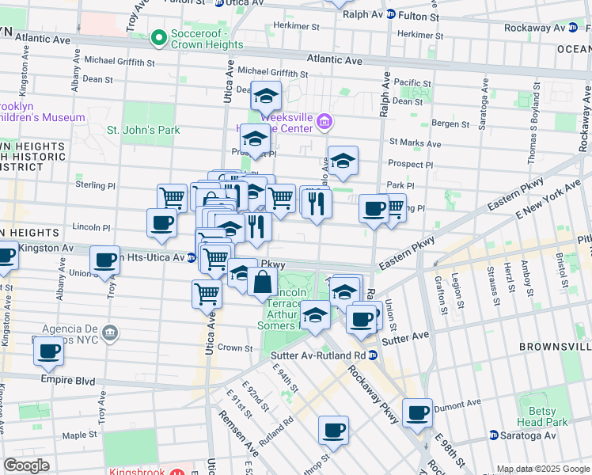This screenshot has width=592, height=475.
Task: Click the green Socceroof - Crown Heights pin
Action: tap(159, 36)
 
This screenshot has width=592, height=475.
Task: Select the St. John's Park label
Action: tap(143, 130)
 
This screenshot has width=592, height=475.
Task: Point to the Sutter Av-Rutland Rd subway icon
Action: tap(372, 354)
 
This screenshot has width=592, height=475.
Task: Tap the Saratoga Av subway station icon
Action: tap(493, 435)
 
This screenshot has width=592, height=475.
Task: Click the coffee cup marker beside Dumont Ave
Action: tap(417, 412)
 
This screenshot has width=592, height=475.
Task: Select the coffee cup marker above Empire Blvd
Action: tap(48, 350)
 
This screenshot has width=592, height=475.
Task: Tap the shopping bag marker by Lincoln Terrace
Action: tap(262, 282)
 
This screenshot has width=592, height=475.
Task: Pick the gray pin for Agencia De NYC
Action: tap(110, 330)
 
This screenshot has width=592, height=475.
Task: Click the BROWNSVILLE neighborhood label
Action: tap(554, 347)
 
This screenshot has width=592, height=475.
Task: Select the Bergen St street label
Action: tap(450, 124)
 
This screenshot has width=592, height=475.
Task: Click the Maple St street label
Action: tap(79, 435)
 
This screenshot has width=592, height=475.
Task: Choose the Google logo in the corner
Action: tap(27, 465)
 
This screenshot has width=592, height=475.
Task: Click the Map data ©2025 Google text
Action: tap(542, 469)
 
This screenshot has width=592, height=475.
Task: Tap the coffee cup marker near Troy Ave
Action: tap(104, 260)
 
